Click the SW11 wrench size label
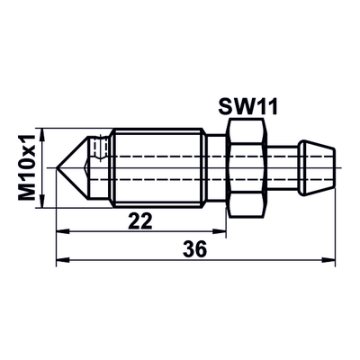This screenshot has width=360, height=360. click(248, 107)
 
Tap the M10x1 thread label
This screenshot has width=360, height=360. click(27, 167)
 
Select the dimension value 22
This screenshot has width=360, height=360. click(140, 220)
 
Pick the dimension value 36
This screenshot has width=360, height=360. click(195, 248)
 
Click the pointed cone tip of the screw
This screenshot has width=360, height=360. click(57, 167)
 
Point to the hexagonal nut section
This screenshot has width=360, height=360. click(247, 167)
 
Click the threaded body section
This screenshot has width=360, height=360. click(157, 167)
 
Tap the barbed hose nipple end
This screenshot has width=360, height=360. click(318, 167)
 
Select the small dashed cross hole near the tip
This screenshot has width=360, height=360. click(99, 148)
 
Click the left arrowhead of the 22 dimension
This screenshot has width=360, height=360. click(63, 231)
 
